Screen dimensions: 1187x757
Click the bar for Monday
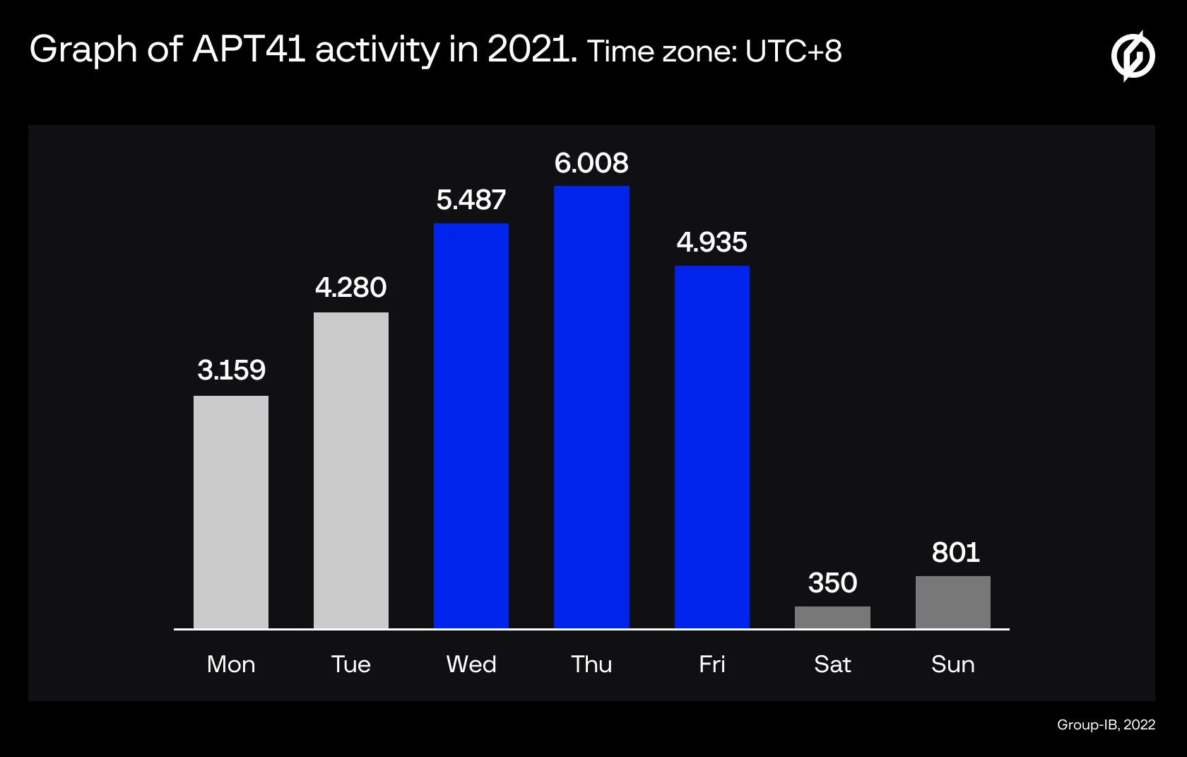tap(230, 512)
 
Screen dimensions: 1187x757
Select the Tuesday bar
tap(350, 470)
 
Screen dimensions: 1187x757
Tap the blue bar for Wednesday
tap(471, 426)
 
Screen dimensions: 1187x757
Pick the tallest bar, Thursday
tap(591, 407)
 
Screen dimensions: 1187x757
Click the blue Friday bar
tap(711, 447)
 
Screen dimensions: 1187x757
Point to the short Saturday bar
tap(832, 618)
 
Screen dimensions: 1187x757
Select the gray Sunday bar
tap(952, 602)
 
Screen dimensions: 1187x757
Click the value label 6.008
tap(591, 163)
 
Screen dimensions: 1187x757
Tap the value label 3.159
tap(231, 370)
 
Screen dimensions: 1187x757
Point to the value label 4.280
tap(350, 287)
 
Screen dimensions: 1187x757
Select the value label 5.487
tap(471, 200)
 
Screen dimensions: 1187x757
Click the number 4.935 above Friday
tap(711, 242)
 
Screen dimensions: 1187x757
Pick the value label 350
tap(832, 582)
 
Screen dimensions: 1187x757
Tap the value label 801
tap(955, 553)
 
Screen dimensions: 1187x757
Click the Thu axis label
tap(591, 664)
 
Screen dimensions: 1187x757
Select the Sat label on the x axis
tap(832, 664)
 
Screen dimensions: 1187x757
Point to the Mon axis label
tap(231, 664)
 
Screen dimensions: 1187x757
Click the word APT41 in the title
tap(249, 49)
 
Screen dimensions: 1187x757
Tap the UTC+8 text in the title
tap(793, 52)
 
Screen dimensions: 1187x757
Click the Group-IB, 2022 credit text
tap(1106, 724)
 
